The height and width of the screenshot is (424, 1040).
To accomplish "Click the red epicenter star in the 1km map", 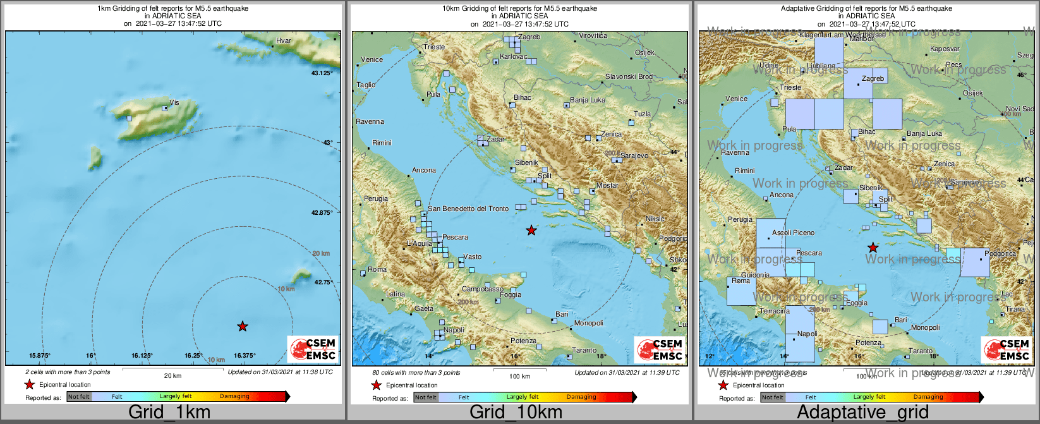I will click(243, 326).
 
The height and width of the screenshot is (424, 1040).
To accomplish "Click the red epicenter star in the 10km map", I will click(531, 230).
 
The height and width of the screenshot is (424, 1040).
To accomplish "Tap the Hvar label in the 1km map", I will click(284, 41).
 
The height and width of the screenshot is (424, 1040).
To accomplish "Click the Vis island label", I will click(174, 102).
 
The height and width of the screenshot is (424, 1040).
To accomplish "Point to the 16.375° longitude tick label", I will click(245, 355).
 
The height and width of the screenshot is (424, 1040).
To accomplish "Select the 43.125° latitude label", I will click(322, 73).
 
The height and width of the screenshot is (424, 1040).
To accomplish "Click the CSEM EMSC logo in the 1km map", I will click(313, 349).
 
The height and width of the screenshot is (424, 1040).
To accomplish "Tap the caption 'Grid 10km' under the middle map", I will click(516, 413).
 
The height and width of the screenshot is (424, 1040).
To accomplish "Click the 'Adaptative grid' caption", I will click(862, 413).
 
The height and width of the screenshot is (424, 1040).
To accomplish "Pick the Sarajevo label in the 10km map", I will click(634, 155).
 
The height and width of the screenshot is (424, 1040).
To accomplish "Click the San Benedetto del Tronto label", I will click(468, 209).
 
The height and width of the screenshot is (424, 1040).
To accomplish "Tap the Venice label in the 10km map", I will click(372, 59).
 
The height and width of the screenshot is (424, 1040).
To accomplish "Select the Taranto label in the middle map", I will click(584, 350).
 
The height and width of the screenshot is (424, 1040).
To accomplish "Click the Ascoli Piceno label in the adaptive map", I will click(793, 233).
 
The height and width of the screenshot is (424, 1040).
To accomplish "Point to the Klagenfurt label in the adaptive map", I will click(821, 35).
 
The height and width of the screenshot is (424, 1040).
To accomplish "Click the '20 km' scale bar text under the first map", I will click(172, 375).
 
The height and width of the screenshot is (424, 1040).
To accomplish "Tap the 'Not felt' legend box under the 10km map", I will click(425, 397).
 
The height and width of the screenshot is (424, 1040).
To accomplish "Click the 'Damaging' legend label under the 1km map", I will click(234, 396).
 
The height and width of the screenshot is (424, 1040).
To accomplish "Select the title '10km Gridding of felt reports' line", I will click(519, 9).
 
